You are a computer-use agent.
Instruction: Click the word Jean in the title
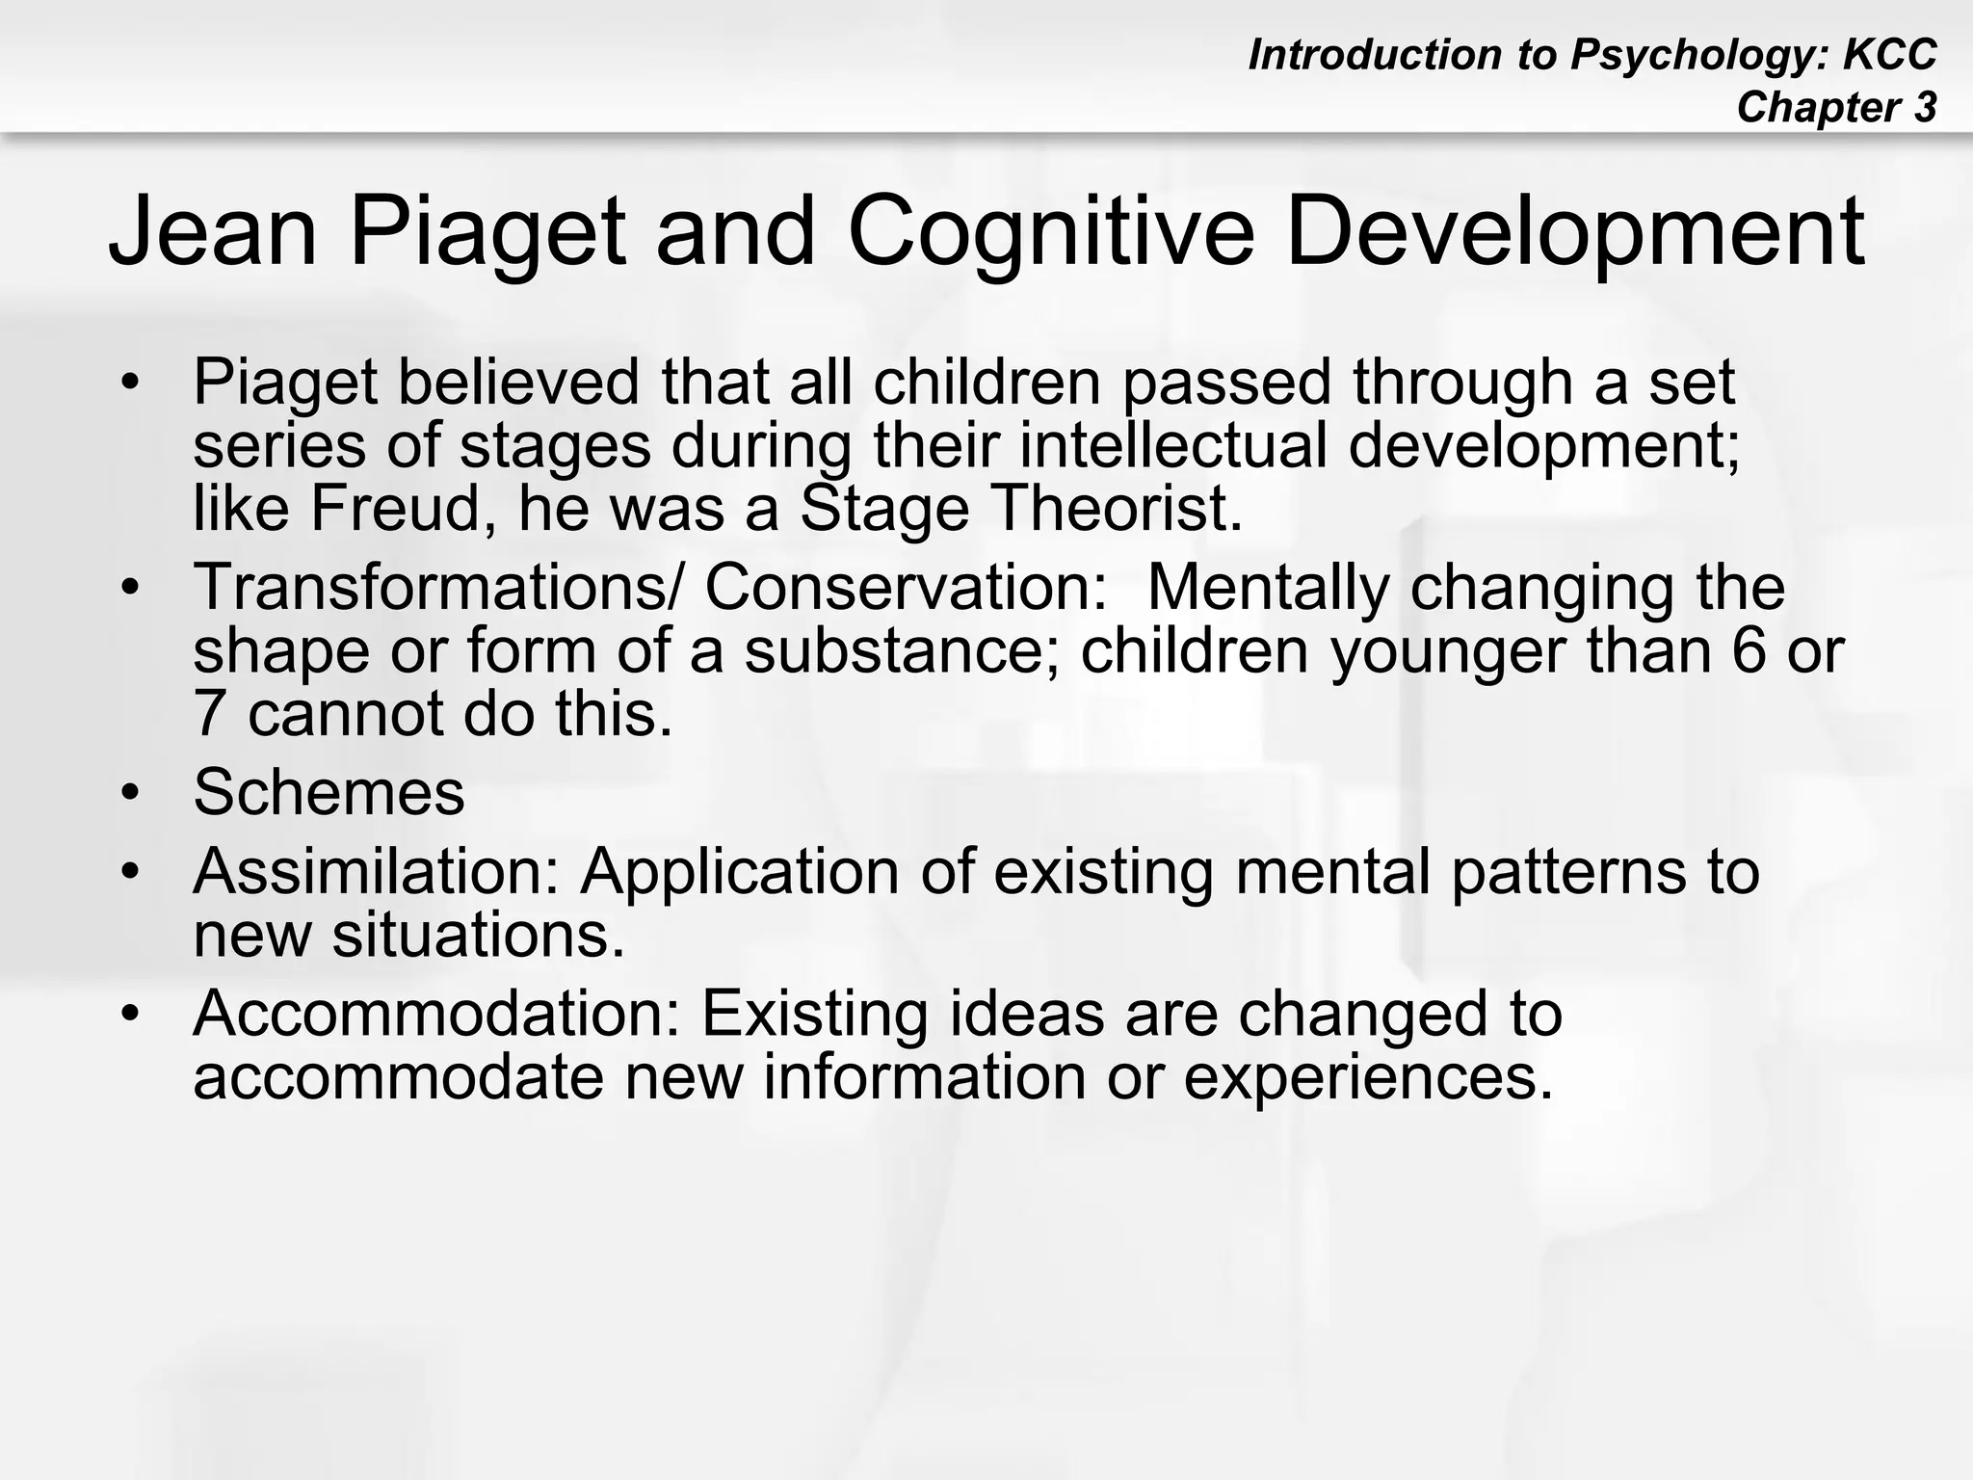tap(212, 232)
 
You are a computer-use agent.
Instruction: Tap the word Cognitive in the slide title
tap(1051, 232)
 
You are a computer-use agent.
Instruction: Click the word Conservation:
tap(906, 587)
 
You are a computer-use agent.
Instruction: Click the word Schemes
tap(329, 792)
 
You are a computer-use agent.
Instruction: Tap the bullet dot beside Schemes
tap(131, 794)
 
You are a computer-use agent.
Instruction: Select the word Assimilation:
tap(377, 871)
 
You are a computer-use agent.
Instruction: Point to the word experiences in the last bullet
tap(1368, 1076)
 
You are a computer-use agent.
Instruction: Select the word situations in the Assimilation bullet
tap(478, 935)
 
